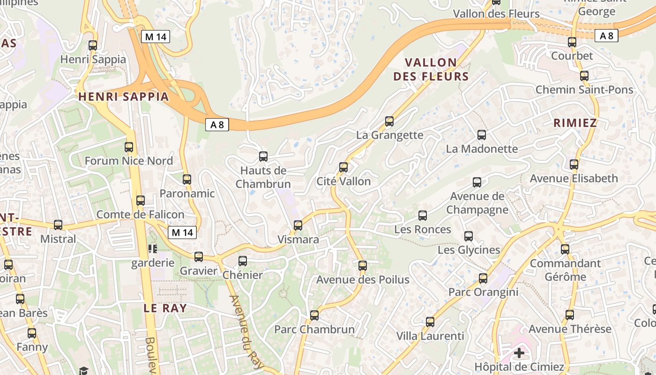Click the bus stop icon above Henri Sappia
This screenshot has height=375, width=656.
(93, 45)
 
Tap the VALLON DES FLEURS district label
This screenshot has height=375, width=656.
(431, 69)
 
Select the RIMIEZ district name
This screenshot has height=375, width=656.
(575, 123)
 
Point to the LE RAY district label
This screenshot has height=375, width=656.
(165, 308)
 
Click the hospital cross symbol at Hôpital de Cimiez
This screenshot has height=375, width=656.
(519, 352)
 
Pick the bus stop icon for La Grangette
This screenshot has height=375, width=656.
(389, 122)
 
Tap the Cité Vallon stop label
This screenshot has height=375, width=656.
(343, 181)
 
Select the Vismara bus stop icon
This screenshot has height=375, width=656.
(298, 225)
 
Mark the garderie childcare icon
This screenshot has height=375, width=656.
(153, 248)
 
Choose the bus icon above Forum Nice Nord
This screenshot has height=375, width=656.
(129, 147)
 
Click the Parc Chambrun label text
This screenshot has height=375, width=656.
(314, 330)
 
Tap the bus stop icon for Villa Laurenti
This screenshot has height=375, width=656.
(430, 322)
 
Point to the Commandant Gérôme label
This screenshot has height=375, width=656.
(565, 270)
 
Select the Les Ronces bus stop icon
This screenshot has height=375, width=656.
(423, 216)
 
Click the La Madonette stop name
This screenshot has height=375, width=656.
(482, 149)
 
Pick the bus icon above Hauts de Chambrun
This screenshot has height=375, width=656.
(263, 157)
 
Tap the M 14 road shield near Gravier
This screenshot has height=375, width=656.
(182, 232)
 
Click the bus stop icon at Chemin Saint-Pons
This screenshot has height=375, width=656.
(584, 76)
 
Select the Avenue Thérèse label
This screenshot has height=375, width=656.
(570, 329)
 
